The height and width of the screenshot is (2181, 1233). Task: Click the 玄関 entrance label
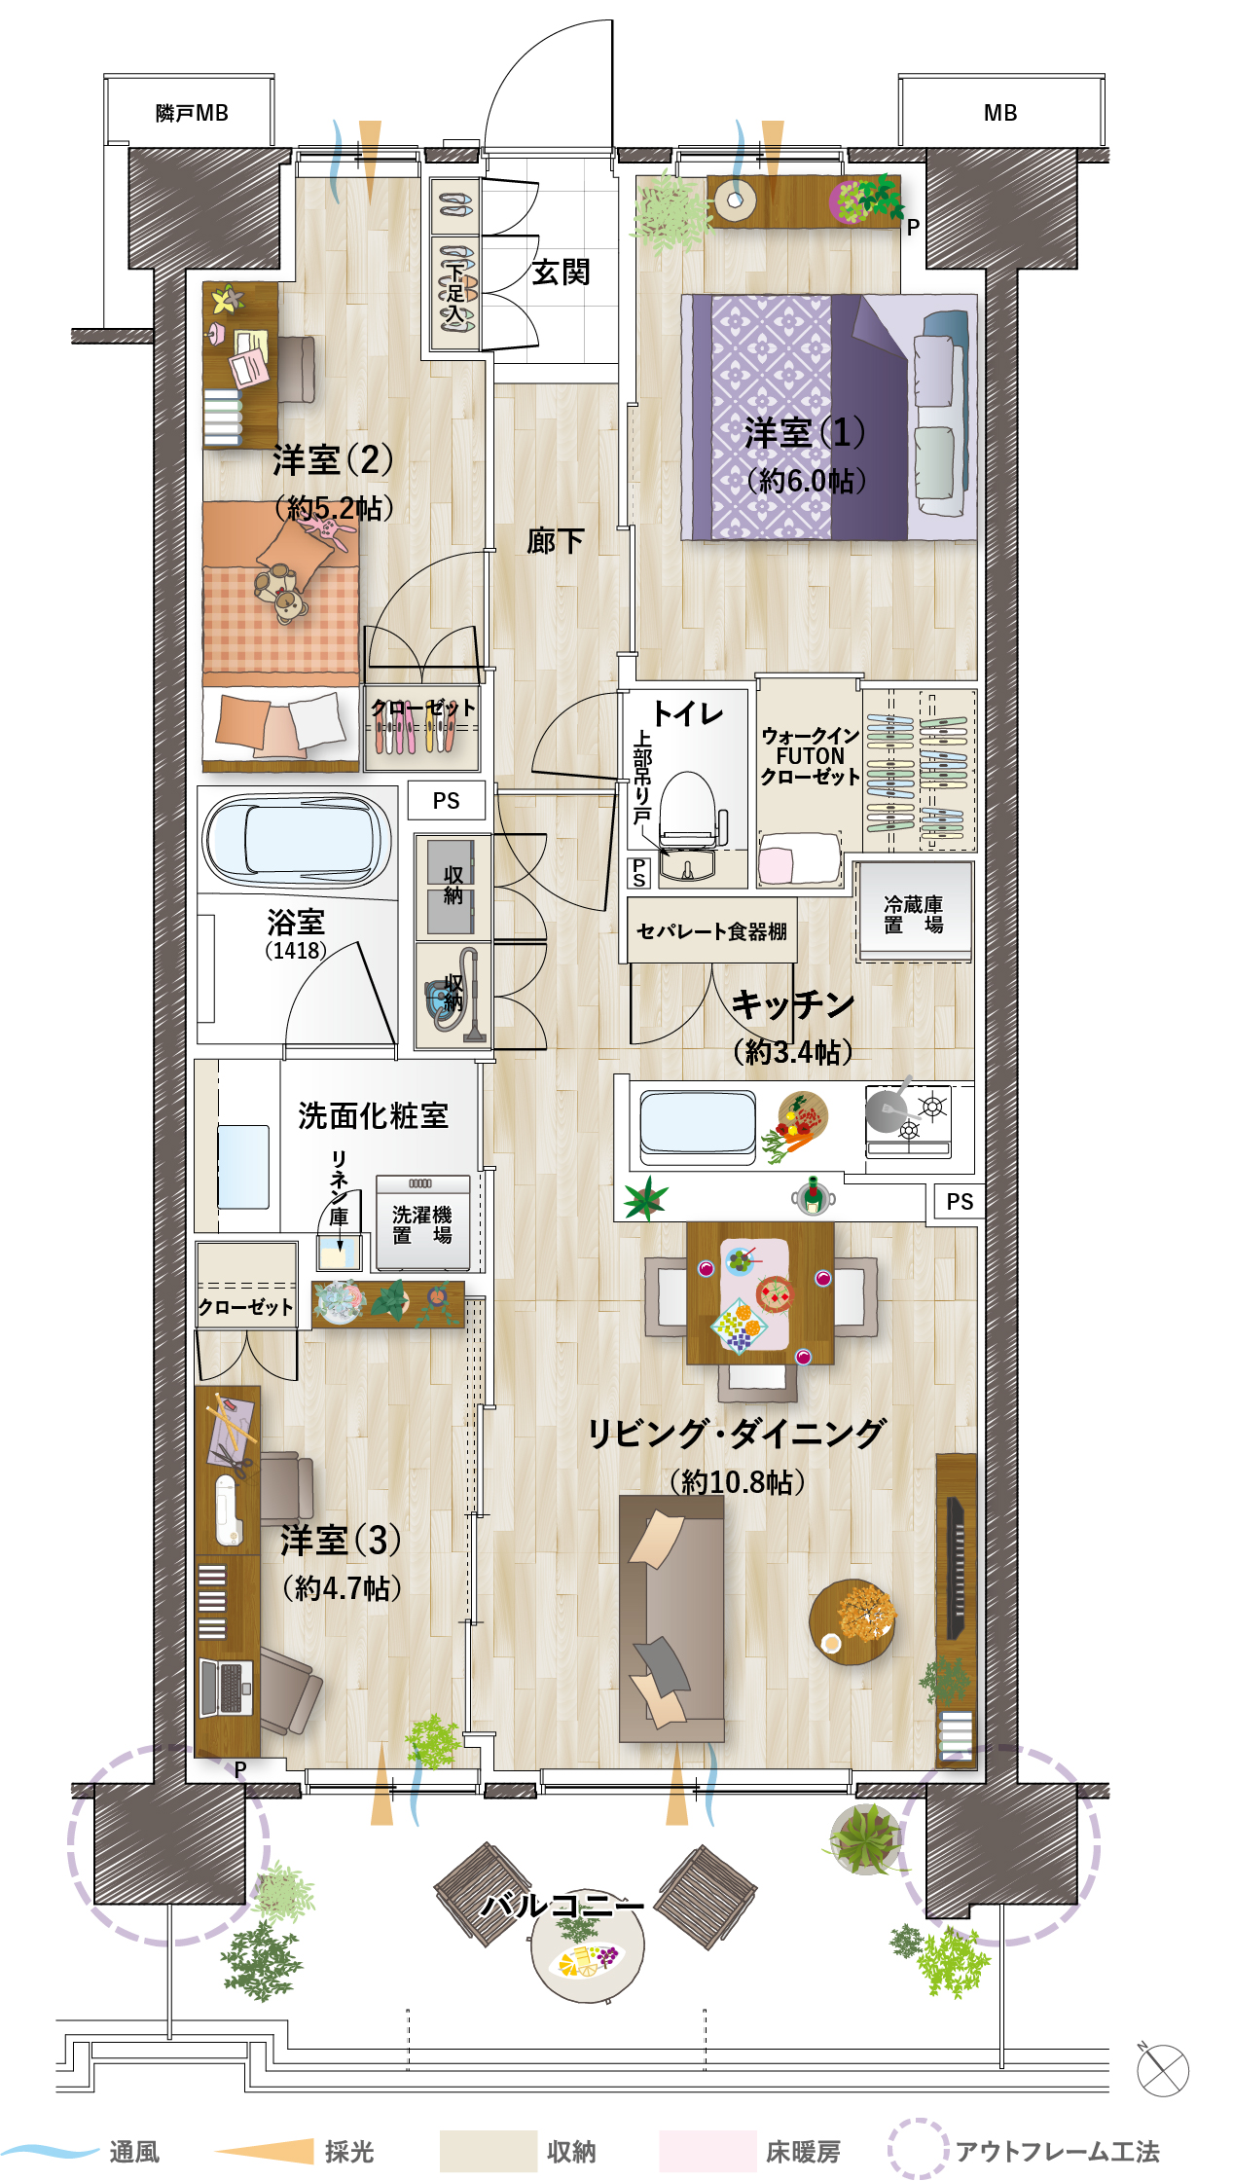click(x=561, y=273)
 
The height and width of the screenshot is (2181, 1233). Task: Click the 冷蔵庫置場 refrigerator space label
click(x=913, y=915)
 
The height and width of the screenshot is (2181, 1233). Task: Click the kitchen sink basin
click(x=697, y=1127)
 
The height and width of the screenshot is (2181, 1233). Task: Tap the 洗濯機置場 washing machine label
click(x=422, y=1224)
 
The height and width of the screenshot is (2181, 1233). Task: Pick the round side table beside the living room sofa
click(x=852, y=1621)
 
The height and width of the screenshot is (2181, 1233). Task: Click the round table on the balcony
click(x=588, y=1946)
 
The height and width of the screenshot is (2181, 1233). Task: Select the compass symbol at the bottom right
click(x=1163, y=2070)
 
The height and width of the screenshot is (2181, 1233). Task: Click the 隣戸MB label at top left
click(x=192, y=113)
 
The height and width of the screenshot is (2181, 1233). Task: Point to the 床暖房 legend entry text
click(x=803, y=2152)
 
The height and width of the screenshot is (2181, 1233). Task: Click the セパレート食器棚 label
click(x=711, y=931)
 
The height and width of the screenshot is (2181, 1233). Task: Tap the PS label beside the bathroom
click(x=446, y=801)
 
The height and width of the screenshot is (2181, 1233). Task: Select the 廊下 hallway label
click(x=556, y=541)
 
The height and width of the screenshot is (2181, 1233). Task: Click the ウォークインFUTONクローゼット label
click(x=810, y=756)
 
